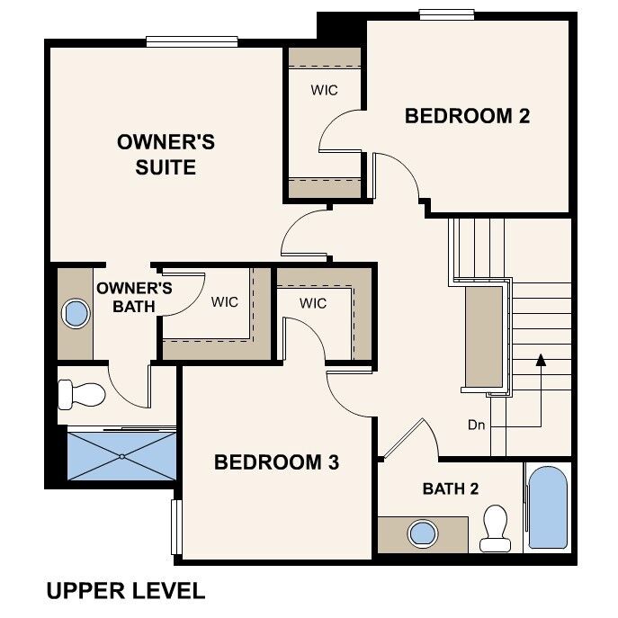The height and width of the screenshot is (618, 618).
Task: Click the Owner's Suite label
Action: click(x=166, y=154)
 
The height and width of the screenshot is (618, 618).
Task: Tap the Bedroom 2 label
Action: click(x=467, y=116)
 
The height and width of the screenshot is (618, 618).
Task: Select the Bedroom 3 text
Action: click(x=276, y=462)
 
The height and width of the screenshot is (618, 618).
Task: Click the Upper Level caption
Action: click(x=125, y=591)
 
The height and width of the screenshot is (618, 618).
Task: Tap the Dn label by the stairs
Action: click(x=477, y=425)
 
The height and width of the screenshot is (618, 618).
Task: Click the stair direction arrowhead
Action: click(x=541, y=360)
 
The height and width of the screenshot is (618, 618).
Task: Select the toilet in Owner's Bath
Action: click(x=82, y=394)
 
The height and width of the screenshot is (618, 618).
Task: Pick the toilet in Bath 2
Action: click(x=496, y=527)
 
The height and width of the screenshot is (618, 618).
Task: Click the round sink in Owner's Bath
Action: click(x=76, y=314)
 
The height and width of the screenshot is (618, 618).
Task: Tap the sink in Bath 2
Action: click(x=421, y=533)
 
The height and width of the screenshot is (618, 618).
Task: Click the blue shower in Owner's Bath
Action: click(x=122, y=456)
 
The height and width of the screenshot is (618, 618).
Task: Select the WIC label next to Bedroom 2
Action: click(x=324, y=90)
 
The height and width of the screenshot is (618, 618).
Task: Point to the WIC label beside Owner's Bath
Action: click(x=225, y=302)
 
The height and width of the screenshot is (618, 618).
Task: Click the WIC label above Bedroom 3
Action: click(x=313, y=303)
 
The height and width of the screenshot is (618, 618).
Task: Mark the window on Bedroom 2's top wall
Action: click(x=447, y=13)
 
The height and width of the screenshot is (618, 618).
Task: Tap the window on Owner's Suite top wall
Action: click(x=192, y=40)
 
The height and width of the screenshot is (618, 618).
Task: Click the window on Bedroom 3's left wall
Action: click(x=176, y=526)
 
